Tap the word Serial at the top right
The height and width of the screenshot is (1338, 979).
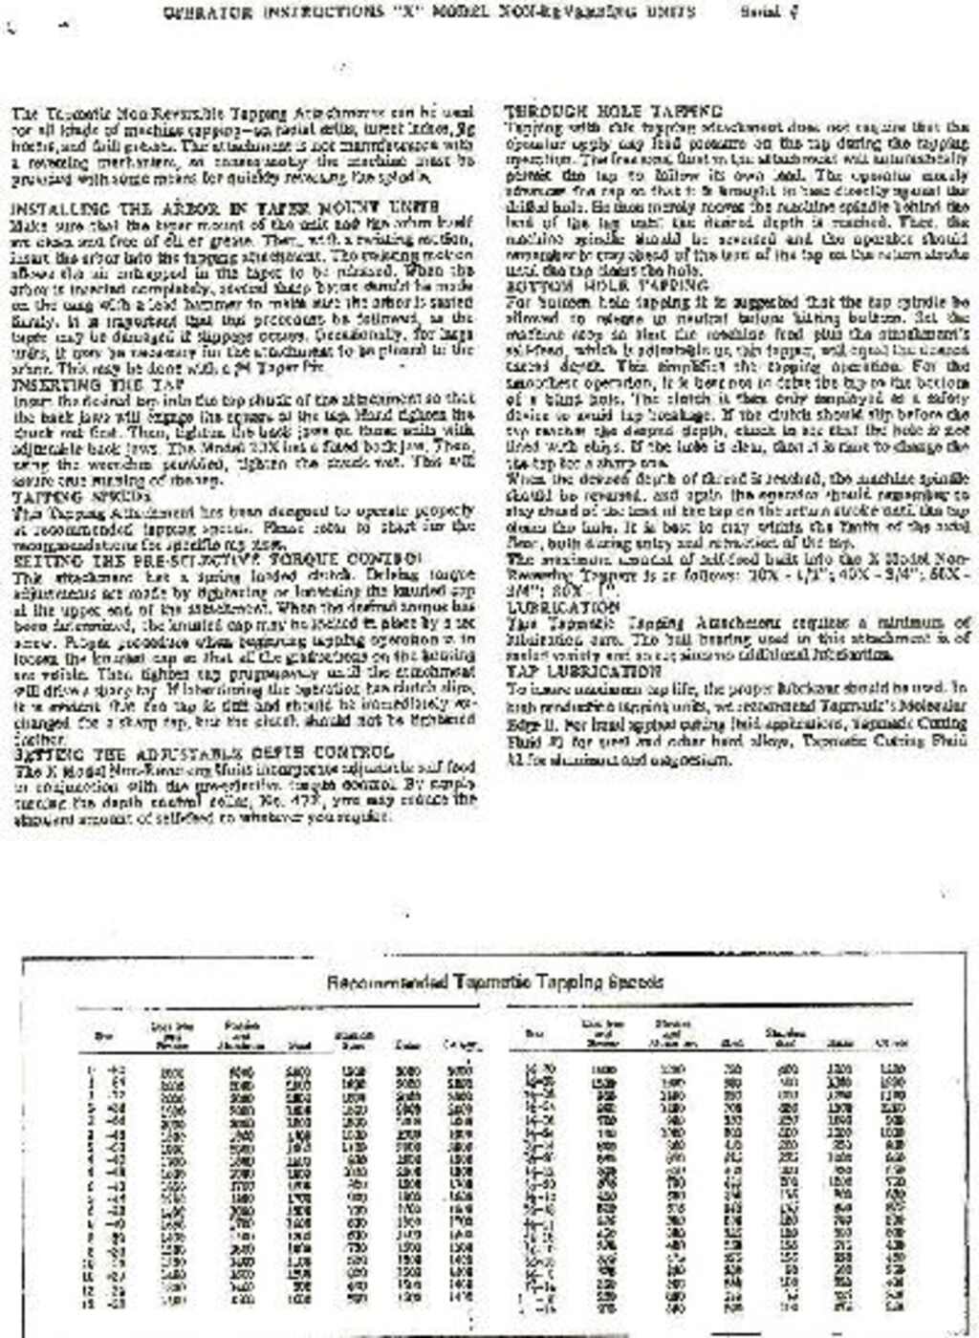(x=761, y=12)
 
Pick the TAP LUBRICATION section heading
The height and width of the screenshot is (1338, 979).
(x=583, y=672)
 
